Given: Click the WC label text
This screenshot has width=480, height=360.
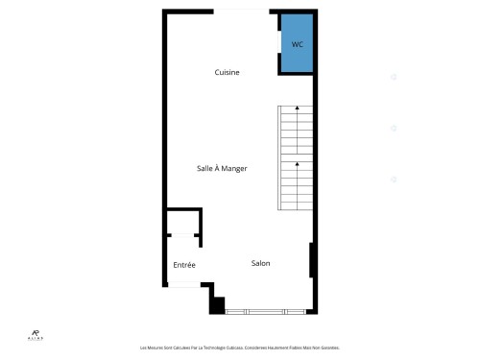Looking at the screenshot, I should coord(297,45).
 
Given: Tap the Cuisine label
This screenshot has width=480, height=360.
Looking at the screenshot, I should coord(227,73).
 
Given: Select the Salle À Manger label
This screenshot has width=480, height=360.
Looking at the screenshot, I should coord(222,168).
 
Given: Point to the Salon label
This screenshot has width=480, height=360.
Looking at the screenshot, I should coord(260,263).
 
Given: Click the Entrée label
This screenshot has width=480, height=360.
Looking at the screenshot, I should coord(184,265).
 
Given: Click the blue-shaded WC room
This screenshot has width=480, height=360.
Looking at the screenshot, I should coord(297,56).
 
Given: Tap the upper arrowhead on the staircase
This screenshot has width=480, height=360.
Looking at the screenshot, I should coord(298,108).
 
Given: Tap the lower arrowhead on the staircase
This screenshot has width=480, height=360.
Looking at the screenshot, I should coord(298,164).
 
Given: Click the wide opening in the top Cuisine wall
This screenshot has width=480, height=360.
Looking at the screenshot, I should coord(245,11).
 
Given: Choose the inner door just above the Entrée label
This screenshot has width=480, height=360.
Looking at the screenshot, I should coord(182,235).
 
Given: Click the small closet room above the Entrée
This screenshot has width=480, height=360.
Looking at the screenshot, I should coord(182,221).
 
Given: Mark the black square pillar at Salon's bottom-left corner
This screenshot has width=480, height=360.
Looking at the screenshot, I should coord(217,305).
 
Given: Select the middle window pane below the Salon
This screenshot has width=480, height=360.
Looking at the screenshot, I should coord(265,312).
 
